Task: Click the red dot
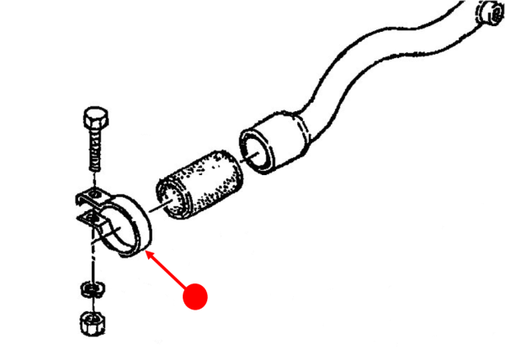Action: click(x=195, y=295)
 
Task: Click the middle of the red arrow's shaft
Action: click(x=166, y=271)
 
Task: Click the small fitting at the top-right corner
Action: click(x=487, y=13)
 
